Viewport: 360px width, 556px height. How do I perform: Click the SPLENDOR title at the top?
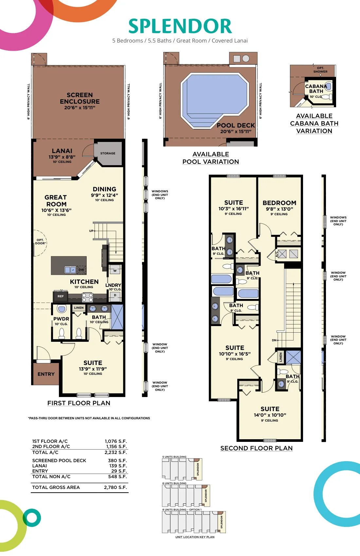tap(180, 26)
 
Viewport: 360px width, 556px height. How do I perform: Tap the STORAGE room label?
tap(108, 153)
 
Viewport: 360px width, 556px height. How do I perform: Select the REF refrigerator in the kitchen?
tap(61, 296)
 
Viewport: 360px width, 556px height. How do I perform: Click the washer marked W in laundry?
tap(115, 270)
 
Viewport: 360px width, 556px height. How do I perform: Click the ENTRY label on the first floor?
tap(46, 374)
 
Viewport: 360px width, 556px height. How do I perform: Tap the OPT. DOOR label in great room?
tap(41, 242)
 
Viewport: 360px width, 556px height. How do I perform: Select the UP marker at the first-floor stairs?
tap(91, 231)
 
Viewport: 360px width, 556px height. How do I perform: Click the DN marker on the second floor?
tap(274, 340)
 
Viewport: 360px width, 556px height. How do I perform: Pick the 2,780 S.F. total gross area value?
tap(115, 487)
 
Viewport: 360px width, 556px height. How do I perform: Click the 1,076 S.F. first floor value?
tap(116, 441)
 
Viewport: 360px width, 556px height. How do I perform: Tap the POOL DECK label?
tap(236, 125)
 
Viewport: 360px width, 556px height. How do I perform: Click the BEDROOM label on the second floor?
tap(279, 203)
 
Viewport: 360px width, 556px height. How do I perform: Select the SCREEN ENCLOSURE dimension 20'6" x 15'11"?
tap(80, 108)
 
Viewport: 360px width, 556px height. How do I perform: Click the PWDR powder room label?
tap(61, 319)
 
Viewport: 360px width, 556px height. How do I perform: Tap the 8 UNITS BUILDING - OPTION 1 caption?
tap(182, 510)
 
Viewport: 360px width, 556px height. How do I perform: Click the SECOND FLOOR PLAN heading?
tap(256, 448)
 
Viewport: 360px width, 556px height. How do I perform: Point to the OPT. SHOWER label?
tap(320, 70)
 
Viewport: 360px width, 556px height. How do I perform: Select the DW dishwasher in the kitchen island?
tap(81, 270)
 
